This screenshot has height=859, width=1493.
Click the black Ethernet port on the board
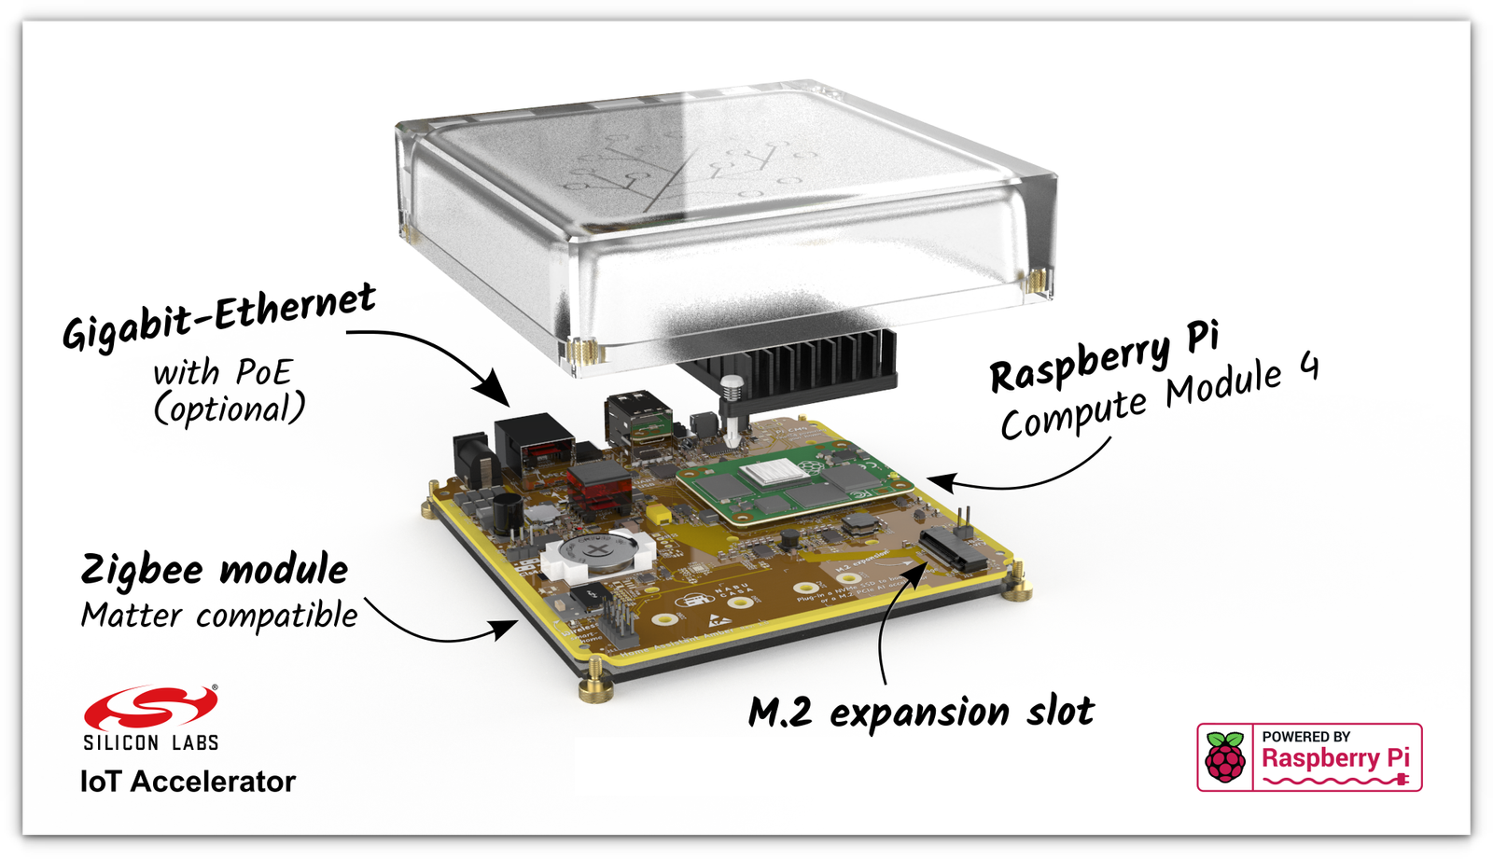click(x=533, y=446)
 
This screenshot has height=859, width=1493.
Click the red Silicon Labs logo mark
click(x=149, y=709)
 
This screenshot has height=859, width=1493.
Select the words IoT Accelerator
click(x=188, y=782)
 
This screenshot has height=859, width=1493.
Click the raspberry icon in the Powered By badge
click(x=1225, y=756)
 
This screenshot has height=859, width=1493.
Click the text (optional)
click(x=230, y=409)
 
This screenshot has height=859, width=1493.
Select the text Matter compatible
click(x=219, y=616)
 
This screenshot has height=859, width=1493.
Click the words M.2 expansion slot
click(x=921, y=713)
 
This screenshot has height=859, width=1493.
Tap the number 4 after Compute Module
click(x=1308, y=367)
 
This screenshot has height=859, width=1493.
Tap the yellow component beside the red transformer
click(x=659, y=513)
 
